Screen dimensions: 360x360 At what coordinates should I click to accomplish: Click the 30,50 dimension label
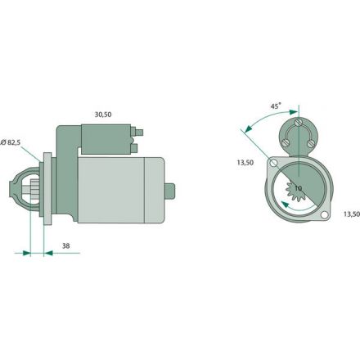(103, 114)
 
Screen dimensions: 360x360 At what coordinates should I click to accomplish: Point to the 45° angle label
(276, 106)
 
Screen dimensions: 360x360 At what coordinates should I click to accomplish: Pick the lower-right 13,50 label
(348, 214)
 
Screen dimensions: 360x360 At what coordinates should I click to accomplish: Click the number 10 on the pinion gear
(298, 189)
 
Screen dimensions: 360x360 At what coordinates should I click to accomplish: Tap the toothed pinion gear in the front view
(290, 192)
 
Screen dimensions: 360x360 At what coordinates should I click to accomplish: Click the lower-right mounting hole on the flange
(325, 215)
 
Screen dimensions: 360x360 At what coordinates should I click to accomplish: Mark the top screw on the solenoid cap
(299, 124)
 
